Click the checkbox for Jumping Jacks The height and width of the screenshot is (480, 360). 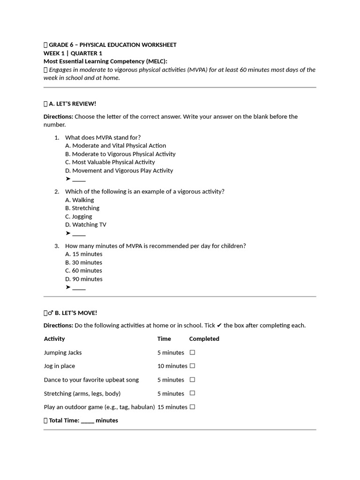(x=192, y=352)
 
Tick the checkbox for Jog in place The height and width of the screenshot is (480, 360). (x=192, y=366)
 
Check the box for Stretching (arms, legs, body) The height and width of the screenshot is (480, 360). (x=192, y=393)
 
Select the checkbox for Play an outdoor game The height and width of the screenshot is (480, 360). (x=192, y=407)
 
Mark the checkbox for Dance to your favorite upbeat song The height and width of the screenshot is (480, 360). (x=192, y=380)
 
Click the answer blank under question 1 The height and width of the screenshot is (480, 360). (x=79, y=180)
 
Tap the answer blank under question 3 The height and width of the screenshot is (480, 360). (x=79, y=287)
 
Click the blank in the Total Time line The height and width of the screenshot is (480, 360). (x=87, y=421)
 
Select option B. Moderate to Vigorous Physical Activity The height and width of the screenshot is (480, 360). (x=120, y=154)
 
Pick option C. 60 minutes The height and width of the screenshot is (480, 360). (x=83, y=270)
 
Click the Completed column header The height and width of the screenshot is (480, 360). (x=204, y=339)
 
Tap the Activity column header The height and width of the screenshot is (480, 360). (x=54, y=339)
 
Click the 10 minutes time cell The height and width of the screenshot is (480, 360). (x=172, y=366)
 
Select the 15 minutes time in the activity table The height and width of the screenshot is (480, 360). (x=172, y=407)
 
